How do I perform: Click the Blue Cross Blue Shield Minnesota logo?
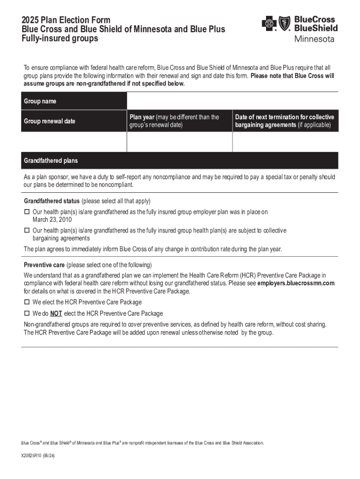(299, 29)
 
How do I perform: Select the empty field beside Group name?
(232, 101)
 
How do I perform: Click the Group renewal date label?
(50, 121)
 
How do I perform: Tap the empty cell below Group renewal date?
(74, 142)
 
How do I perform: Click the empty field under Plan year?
(179, 142)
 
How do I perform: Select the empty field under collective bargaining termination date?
(285, 142)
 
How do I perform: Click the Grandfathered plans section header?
(51, 160)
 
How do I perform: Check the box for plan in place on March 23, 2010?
(27, 212)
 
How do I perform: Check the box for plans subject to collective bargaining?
(27, 231)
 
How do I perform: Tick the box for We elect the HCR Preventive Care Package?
(27, 302)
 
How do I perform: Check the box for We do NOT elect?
(27, 313)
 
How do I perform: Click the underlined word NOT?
(56, 313)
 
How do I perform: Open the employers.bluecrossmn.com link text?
(296, 283)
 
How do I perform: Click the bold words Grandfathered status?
(51, 201)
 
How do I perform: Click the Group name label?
(40, 102)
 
